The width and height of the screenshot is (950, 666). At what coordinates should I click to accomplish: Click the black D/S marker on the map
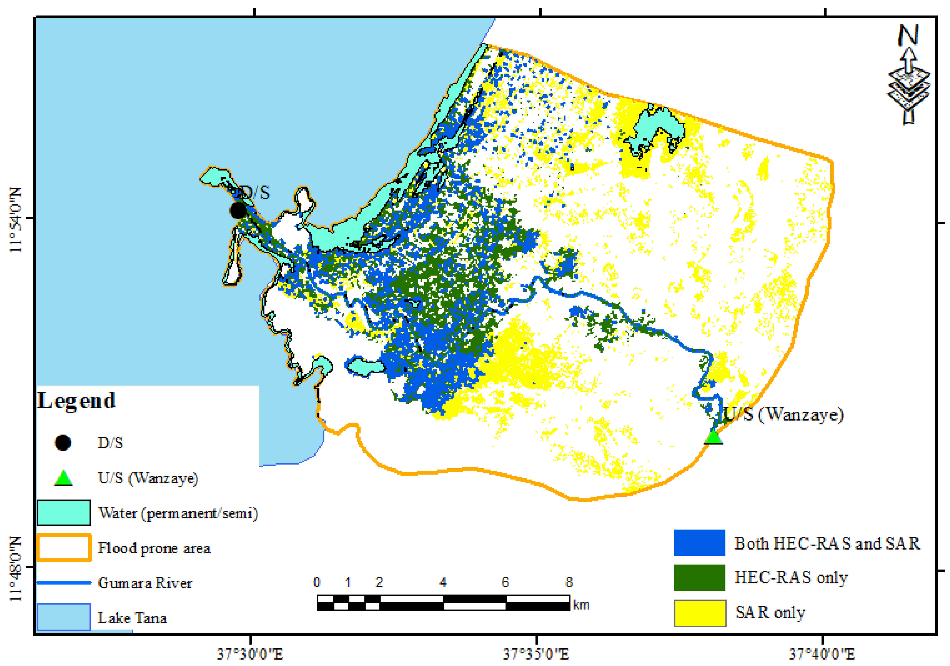[x=238, y=210]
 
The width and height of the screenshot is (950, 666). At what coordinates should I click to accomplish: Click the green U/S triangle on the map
[x=713, y=437]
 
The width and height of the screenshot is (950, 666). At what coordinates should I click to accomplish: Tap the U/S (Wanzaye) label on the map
[x=783, y=414]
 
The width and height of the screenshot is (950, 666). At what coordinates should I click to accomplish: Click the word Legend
[x=77, y=401]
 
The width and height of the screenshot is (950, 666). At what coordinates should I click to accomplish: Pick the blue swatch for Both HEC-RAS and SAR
[x=699, y=543]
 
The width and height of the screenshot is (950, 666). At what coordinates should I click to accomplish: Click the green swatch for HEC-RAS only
[x=699, y=577]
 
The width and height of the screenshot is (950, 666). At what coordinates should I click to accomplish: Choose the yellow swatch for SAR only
[x=700, y=613]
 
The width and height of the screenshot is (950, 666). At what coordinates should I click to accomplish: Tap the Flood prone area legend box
[x=64, y=548]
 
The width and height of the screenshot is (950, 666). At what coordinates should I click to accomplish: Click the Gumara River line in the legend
[x=64, y=582]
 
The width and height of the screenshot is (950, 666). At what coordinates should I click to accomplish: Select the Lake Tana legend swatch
[x=64, y=617]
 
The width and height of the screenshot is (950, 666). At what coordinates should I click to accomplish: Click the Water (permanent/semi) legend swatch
[x=64, y=513]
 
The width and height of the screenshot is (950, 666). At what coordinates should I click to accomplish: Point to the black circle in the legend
[x=63, y=443]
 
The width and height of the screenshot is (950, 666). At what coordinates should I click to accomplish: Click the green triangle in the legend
[x=63, y=478]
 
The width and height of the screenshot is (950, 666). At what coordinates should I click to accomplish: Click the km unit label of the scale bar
[x=581, y=605]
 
